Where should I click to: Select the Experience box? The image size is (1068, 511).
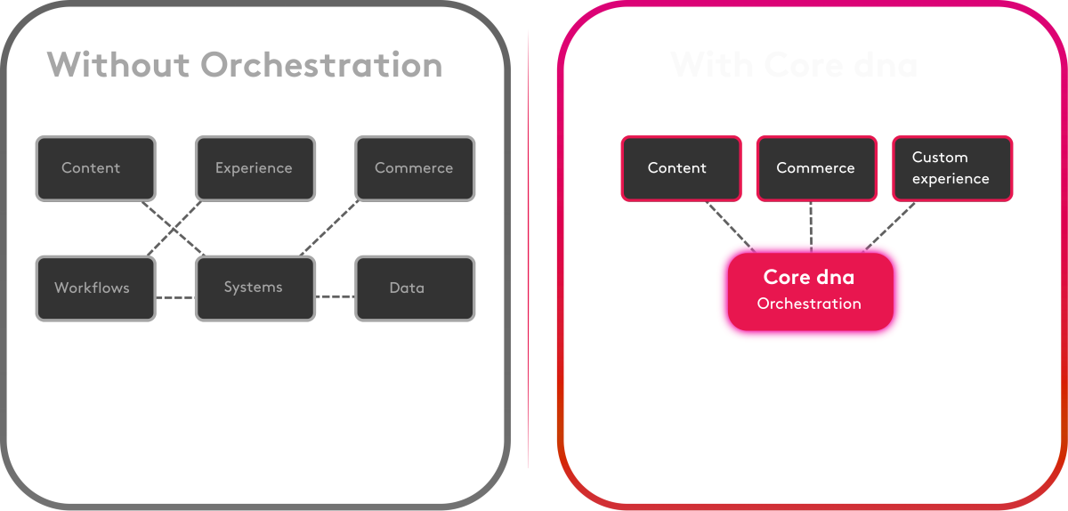(x=255, y=168)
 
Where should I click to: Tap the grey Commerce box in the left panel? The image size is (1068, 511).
(x=415, y=168)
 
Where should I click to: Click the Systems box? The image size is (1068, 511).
(x=255, y=288)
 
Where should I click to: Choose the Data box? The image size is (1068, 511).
(x=415, y=288)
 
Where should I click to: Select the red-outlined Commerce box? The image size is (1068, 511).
(x=815, y=168)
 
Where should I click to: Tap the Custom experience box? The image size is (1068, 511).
(x=951, y=168)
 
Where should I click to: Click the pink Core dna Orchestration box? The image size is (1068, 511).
(x=810, y=290)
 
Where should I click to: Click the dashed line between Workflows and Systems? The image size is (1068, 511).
(x=174, y=296)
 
